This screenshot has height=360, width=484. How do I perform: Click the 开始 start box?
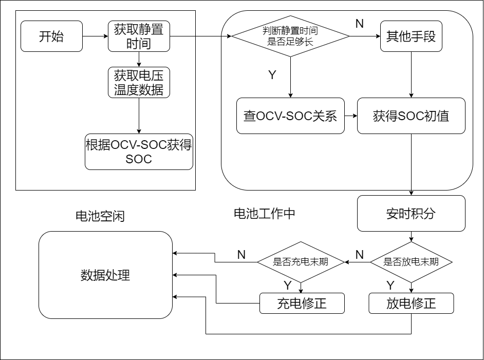(51, 36)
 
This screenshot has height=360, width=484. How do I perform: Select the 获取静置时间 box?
(139, 36)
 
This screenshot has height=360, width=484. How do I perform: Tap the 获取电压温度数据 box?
(139, 83)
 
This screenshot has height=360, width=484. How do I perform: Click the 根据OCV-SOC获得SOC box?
(139, 151)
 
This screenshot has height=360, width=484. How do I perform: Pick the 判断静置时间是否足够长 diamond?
(290, 36)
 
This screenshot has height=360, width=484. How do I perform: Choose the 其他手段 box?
(411, 36)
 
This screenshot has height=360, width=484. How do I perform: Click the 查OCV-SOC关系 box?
(290, 116)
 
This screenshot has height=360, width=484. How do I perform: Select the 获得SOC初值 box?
(411, 116)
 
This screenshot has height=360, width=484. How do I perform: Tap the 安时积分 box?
(411, 213)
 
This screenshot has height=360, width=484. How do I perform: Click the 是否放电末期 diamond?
(411, 262)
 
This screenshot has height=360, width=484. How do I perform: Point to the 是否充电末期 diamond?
(301, 262)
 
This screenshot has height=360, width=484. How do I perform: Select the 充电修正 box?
(302, 303)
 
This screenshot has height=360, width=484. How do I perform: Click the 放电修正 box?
(411, 303)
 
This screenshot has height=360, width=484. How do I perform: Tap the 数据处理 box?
(105, 275)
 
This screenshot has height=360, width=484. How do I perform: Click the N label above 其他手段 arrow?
(360, 24)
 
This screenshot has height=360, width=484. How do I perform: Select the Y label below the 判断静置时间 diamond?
(272, 75)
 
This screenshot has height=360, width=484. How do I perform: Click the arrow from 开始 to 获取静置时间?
(95, 36)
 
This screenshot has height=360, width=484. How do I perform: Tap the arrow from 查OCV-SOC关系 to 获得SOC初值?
(351, 116)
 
